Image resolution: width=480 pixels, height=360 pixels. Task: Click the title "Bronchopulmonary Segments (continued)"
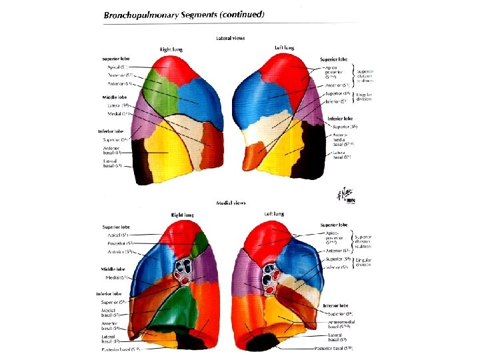(x=183, y=14)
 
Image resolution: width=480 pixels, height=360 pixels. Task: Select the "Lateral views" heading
(x=231, y=38)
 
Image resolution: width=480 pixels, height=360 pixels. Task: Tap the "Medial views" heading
(x=231, y=203)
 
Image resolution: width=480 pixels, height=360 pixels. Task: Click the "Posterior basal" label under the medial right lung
(x=121, y=349)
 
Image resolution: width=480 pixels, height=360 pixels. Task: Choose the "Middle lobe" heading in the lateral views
(x=111, y=96)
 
